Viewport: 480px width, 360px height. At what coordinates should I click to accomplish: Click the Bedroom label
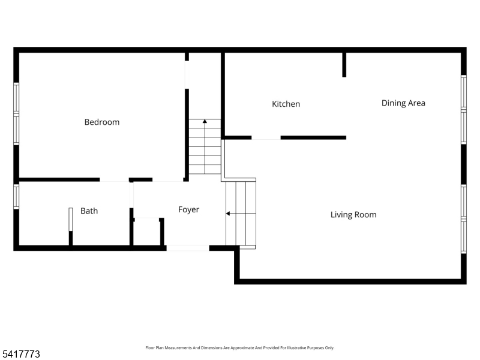(101, 122)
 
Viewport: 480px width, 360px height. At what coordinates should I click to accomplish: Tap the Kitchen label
(286, 104)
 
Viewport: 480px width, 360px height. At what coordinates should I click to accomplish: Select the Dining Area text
(403, 103)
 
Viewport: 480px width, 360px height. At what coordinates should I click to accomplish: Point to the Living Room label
(353, 214)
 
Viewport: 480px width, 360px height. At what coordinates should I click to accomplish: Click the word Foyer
(188, 209)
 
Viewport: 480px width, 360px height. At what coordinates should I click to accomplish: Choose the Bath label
(89, 211)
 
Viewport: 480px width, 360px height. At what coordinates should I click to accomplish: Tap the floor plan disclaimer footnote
(240, 347)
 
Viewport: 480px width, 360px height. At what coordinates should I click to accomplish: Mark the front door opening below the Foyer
(188, 247)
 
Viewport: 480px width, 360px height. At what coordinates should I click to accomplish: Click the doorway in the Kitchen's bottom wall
(266, 137)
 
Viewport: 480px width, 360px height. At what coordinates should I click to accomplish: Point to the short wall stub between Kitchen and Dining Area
(344, 65)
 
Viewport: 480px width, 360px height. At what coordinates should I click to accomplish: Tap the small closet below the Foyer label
(147, 233)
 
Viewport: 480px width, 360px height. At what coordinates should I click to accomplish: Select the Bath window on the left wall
(16, 195)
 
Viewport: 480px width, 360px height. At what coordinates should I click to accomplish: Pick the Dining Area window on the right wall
(463, 109)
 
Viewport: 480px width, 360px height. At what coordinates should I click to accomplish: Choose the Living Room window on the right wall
(463, 219)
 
